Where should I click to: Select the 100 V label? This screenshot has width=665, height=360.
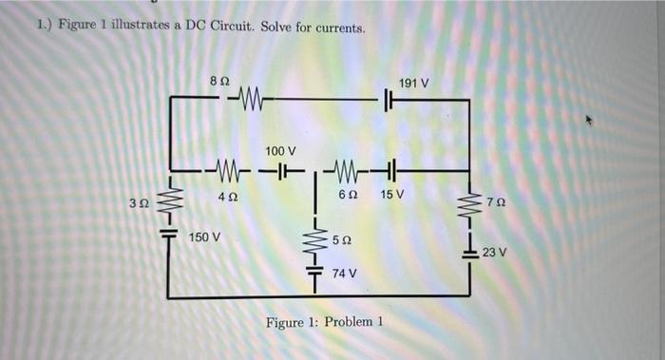coord(281,151)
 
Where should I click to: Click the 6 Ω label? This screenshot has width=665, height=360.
coord(348,196)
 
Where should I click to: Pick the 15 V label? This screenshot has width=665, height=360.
coord(391,196)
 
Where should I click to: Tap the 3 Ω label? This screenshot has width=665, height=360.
coord(139,204)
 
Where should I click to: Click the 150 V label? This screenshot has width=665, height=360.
coord(205,236)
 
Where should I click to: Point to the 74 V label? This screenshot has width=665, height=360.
coord(344,273)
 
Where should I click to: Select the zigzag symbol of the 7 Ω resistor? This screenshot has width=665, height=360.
coord(472,202)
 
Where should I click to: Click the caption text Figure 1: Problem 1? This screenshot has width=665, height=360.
coord(324,322)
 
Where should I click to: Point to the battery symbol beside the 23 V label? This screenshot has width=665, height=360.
coord(472,252)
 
